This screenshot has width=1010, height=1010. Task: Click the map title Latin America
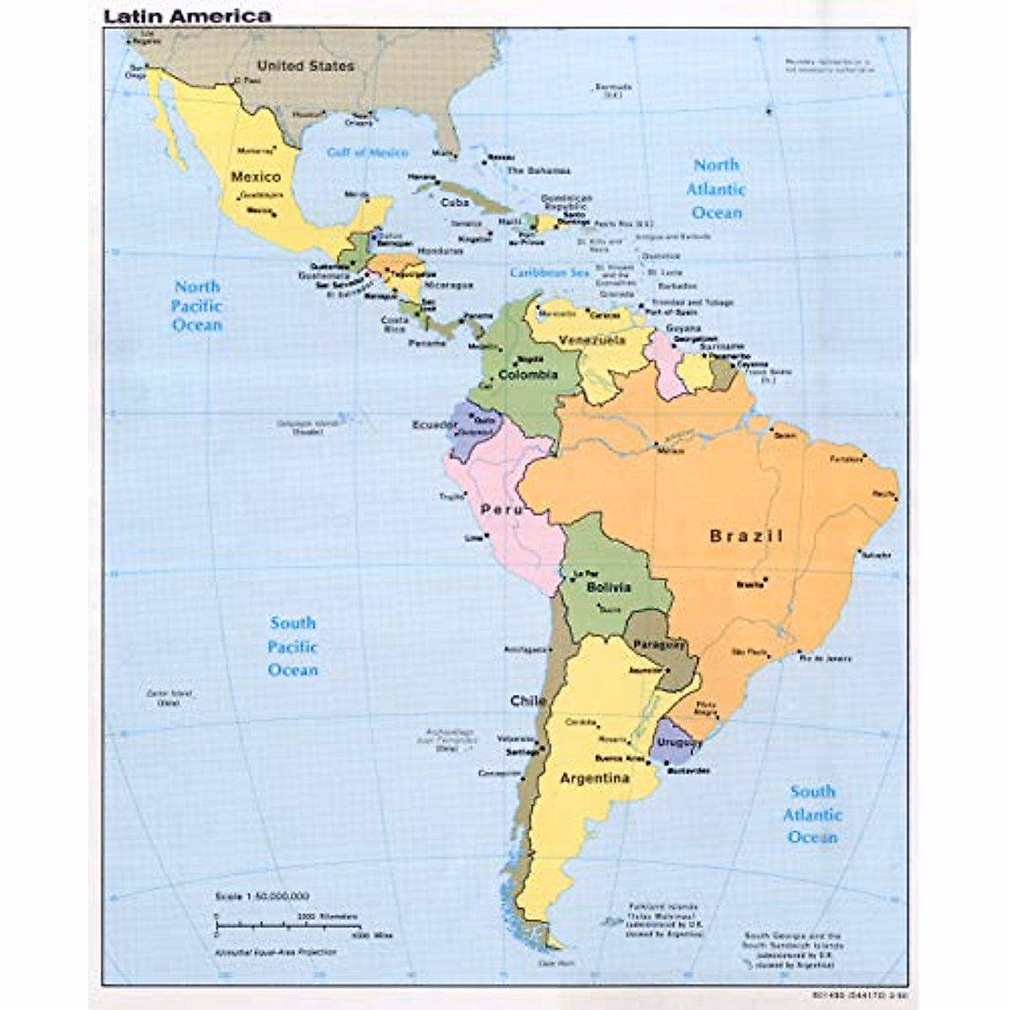[187, 16]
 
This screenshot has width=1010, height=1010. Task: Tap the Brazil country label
[747, 536]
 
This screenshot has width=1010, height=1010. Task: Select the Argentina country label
[594, 779]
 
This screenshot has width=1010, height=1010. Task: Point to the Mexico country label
[255, 177]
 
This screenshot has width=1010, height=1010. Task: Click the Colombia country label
[528, 375]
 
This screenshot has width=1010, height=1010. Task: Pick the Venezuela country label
[593, 340]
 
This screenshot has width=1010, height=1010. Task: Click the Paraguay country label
[660, 645]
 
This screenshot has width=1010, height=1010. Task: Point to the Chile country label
[528, 700]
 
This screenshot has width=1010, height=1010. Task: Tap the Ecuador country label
[433, 425]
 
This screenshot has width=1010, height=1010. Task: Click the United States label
[306, 66]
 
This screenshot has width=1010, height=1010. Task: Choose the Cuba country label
[454, 203]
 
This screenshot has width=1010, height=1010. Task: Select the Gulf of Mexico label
[367, 152]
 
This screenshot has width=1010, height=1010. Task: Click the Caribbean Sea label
[549, 273]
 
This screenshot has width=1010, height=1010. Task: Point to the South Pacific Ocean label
[293, 646]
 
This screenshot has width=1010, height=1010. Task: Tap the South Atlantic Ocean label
[812, 814]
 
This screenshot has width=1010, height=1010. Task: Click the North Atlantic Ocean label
[716, 189]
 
